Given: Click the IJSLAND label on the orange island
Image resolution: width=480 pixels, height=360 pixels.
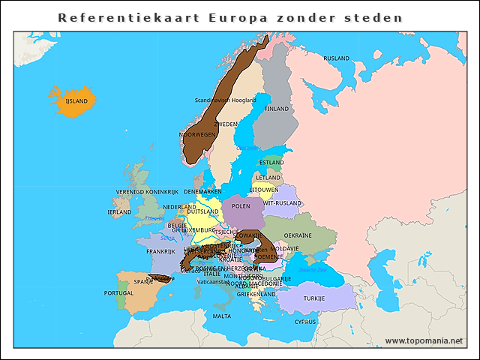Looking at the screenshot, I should (x=76, y=100).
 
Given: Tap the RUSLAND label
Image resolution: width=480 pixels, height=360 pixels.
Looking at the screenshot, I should (x=336, y=58).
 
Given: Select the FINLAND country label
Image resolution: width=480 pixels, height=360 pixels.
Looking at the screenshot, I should (x=276, y=108).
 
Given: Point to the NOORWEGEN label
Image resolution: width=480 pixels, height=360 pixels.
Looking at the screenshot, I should (x=196, y=135).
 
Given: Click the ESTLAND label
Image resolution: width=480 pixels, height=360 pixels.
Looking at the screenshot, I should (x=271, y=162).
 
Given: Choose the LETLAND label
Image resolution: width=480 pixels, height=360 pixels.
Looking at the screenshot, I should (x=268, y=178).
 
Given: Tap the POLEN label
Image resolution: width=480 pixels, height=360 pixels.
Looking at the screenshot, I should (x=241, y=205).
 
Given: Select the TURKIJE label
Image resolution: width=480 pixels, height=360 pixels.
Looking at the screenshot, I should (x=313, y=298).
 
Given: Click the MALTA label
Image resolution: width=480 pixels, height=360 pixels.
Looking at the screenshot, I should (x=221, y=316).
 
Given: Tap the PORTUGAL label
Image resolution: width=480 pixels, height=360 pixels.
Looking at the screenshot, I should (x=118, y=293).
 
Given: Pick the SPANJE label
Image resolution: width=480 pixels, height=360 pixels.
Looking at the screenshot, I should (x=143, y=282).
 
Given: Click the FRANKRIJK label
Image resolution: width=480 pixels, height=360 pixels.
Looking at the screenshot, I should (x=160, y=251).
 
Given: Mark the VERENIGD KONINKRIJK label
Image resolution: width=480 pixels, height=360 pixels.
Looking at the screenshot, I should (x=148, y=192).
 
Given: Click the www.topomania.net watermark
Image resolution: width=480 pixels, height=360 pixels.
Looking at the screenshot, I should (x=423, y=340).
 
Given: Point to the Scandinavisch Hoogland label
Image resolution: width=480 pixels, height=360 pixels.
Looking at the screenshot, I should (x=225, y=100).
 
